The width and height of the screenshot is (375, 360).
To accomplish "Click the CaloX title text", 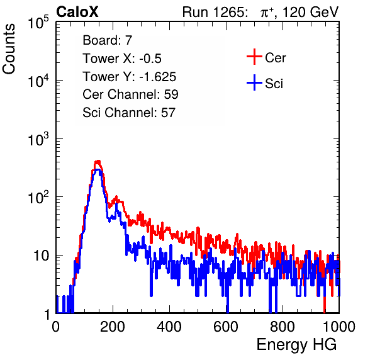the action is point(77,12).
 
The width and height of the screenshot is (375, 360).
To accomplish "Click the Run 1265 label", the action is point(215,12).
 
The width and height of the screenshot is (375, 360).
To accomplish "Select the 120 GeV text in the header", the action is point(310,12).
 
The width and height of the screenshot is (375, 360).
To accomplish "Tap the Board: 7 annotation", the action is point(107,40).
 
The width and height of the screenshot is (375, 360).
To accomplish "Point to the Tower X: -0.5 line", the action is point(122,59).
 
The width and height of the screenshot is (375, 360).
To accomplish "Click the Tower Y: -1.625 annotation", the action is point(130,77).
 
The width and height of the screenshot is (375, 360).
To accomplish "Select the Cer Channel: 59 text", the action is point(130,94).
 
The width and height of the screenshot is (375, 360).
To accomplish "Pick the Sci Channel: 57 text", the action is point(129,113).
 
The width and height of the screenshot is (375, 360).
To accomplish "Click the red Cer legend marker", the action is point(254,57).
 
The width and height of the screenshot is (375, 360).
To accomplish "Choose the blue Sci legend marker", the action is point(254,83).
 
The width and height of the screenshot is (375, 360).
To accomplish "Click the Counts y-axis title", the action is point(9,49).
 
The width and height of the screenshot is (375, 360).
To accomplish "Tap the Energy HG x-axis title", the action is point(296,345).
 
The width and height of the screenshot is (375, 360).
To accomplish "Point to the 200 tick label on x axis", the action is point(113,327).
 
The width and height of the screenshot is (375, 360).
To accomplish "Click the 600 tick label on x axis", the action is point(226,327).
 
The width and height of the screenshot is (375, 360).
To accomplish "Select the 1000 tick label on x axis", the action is point(339,327).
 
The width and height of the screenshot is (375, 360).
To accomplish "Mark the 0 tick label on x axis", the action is point(56,327).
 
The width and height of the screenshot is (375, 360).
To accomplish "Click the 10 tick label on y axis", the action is point(42,256).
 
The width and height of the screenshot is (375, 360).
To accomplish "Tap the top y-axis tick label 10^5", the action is point(38,23).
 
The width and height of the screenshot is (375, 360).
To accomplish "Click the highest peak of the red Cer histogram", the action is point(98,162).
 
